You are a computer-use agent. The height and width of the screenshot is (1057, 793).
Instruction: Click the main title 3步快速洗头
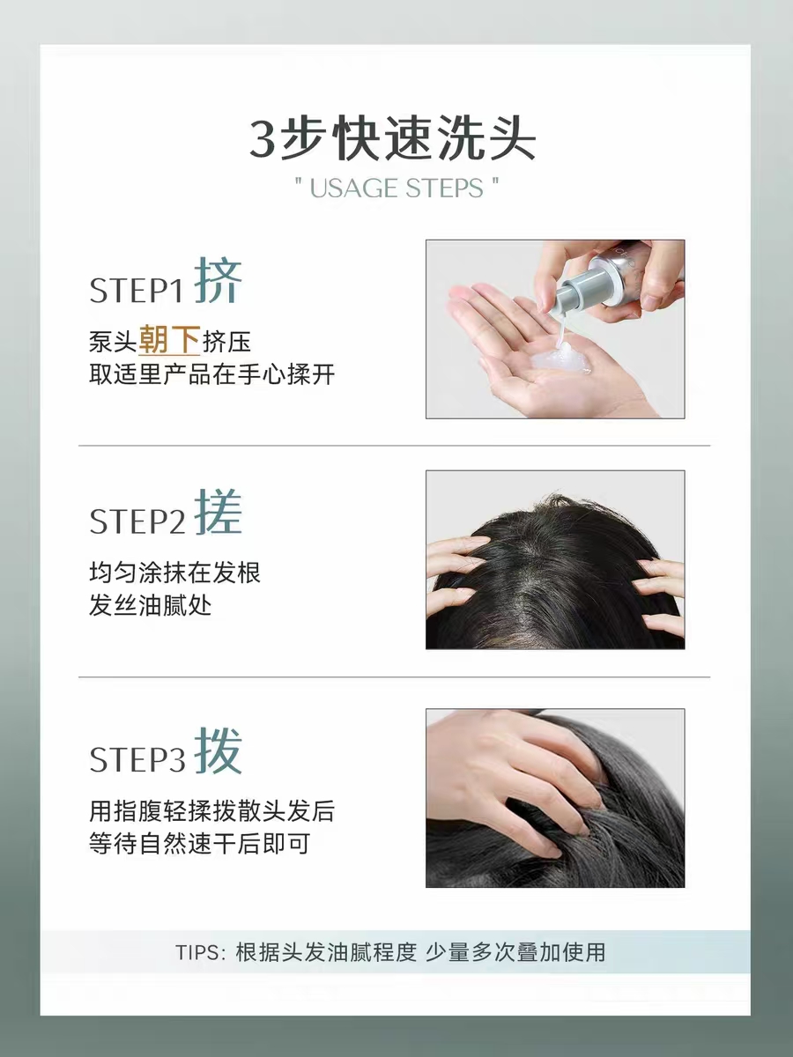pos(392,138)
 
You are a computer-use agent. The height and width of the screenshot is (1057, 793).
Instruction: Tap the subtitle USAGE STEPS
pos(396,188)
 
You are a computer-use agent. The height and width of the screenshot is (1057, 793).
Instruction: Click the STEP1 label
pos(137,291)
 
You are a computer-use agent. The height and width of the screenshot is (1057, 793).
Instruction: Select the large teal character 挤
pos(218,281)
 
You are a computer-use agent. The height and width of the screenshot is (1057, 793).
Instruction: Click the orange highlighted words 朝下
pos(169,341)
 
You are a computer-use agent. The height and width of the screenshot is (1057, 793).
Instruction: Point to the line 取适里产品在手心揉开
pos(211,374)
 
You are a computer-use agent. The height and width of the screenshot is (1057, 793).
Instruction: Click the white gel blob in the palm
pos(560,358)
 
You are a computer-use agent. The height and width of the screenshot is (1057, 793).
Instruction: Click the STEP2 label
pos(137,521)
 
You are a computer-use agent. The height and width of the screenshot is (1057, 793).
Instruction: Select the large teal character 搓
pos(218,512)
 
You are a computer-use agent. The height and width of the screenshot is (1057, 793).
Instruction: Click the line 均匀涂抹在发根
pos(174,573)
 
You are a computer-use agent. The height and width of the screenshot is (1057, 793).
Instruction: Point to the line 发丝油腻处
pos(150,605)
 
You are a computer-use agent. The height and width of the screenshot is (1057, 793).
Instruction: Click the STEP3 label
pos(137,759)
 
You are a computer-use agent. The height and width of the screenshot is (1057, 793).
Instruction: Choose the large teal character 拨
pos(218,750)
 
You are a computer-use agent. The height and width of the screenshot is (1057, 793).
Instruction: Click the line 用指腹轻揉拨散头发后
pos(211,810)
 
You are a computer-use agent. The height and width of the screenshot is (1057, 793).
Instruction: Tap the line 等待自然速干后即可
pos(199,843)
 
